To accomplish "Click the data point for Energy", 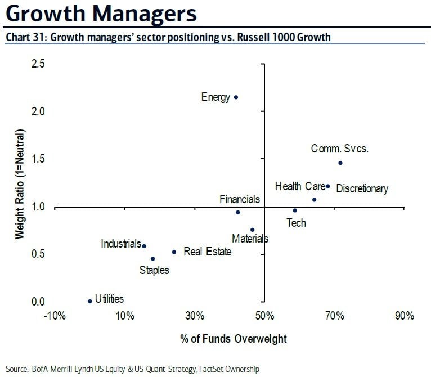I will (x=236, y=97).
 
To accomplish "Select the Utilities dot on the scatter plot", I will (x=89, y=301).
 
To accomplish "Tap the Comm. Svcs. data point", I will (x=340, y=163).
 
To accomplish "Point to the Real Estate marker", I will (x=174, y=252).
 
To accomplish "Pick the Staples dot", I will (x=152, y=259).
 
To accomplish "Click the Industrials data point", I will (x=144, y=246).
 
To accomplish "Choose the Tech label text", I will (x=296, y=223).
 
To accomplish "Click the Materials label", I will (x=250, y=239).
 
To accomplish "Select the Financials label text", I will (x=240, y=199).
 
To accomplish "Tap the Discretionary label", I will (x=362, y=189).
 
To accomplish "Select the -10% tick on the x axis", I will (x=55, y=316).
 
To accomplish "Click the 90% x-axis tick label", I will (x=404, y=316).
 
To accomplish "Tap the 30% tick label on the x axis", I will (x=195, y=316).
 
